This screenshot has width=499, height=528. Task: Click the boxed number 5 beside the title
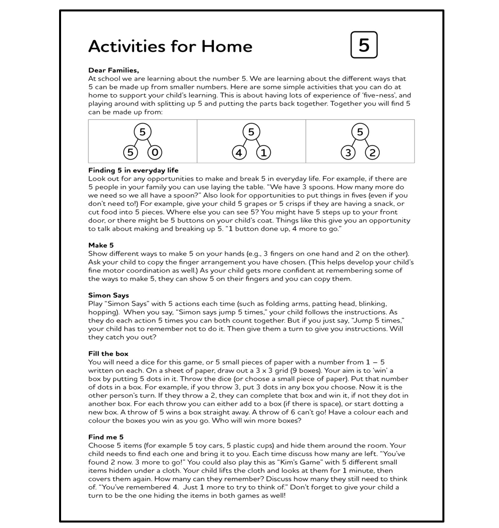click(x=364, y=45)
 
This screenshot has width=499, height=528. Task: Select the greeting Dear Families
click(x=113, y=70)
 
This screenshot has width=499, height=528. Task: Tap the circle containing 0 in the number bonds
click(x=154, y=152)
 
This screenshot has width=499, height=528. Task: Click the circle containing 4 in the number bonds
click(x=239, y=152)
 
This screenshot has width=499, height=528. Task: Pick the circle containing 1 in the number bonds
click(x=263, y=152)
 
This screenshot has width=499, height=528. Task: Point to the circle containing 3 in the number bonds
click(x=348, y=152)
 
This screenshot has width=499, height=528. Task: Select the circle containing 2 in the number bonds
click(x=372, y=152)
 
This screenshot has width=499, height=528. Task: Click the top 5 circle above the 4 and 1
click(x=251, y=132)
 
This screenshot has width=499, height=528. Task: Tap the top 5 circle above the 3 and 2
click(x=360, y=132)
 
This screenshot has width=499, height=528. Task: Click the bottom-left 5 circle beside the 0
click(x=130, y=152)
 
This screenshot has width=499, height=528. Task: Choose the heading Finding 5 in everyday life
click(x=133, y=171)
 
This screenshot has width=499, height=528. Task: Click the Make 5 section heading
click(x=101, y=245)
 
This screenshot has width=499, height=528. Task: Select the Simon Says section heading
click(x=108, y=295)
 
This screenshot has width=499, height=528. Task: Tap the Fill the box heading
click(x=108, y=353)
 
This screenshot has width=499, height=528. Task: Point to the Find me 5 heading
click(x=106, y=437)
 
